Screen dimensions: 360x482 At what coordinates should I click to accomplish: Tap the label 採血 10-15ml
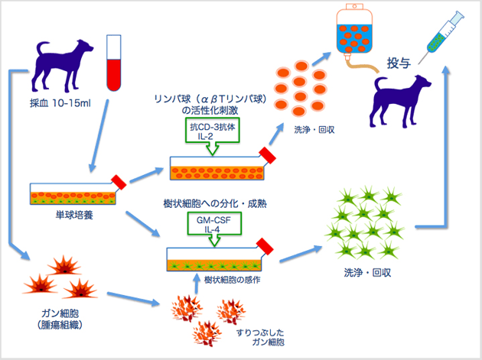coord(57,103)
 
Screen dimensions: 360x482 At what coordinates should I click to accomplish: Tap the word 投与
coord(399,63)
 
